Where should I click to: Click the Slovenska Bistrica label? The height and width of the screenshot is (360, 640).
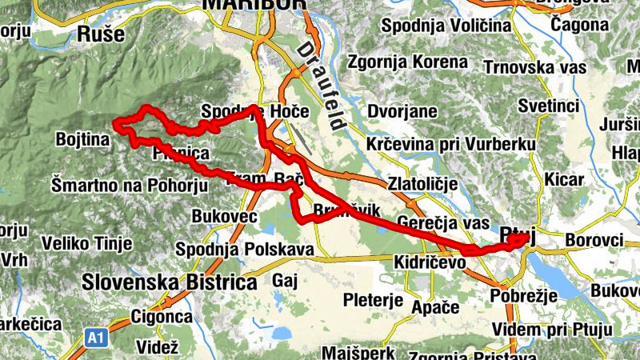tap(170, 282)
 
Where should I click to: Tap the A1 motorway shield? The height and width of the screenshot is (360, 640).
tap(96, 338)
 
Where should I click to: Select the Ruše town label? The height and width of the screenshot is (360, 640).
tap(101, 34)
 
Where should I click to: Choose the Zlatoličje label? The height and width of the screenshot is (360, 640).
tap(422, 184)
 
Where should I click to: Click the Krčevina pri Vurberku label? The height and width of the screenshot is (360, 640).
tap(450, 144)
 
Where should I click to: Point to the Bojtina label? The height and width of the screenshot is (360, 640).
tap(82, 140)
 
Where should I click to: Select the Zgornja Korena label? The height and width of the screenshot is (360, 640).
tap(407, 62)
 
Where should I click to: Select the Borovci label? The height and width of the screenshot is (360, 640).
tap(594, 239)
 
